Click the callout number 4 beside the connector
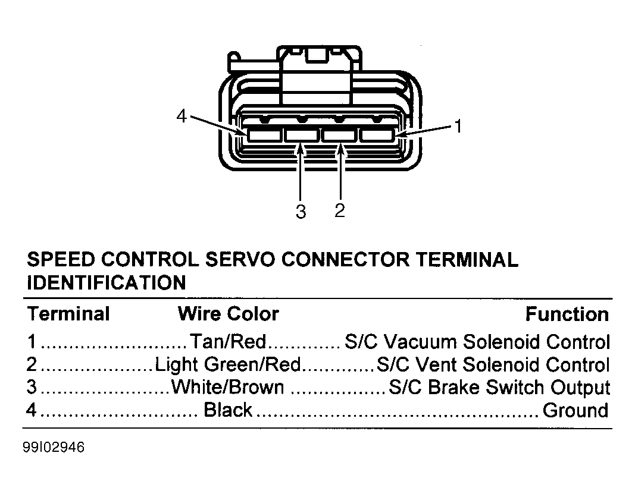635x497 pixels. click(182, 116)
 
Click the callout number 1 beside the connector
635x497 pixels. click(458, 126)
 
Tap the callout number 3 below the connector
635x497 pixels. click(301, 212)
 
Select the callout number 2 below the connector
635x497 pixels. click(340, 210)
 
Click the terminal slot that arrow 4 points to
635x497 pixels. click(264, 135)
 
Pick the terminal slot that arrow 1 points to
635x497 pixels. click(377, 135)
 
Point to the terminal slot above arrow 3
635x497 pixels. click(301, 135)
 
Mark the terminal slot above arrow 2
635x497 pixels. click(339, 135)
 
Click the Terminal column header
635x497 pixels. click(68, 314)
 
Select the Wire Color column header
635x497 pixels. click(229, 314)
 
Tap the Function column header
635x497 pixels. click(567, 314)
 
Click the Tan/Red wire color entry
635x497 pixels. click(228, 342)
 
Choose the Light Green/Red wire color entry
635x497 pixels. click(228, 364)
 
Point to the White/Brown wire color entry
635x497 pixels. click(227, 387)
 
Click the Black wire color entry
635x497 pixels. click(228, 410)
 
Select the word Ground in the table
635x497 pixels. click(575, 410)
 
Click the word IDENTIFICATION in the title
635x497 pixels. click(107, 282)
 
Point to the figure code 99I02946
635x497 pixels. click(54, 447)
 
